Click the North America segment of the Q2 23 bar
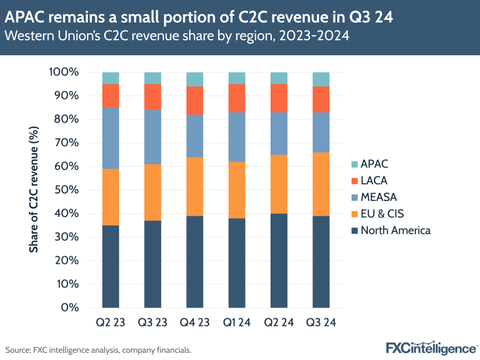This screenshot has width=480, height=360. coord(111,266)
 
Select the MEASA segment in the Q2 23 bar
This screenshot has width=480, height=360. coord(111,138)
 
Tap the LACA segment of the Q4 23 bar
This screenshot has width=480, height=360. coord(195,100)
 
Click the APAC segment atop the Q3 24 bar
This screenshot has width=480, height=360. coord(321,79)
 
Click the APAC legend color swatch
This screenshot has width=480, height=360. coord(354,164)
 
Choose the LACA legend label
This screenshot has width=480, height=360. coord(374,180)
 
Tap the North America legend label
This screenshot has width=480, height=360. coord(395,230)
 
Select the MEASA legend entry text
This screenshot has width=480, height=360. coord(379,197)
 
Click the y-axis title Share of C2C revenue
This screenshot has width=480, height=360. coord(34,190)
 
